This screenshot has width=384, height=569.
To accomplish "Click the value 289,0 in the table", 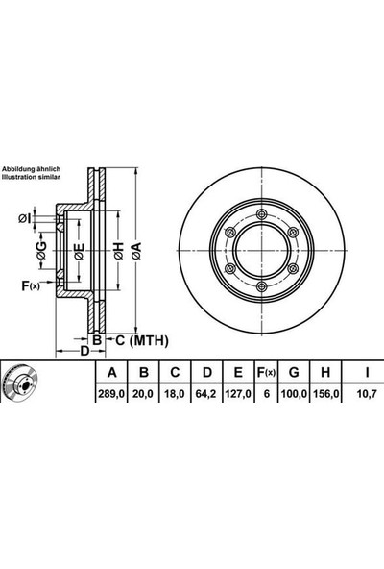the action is (x=111, y=393).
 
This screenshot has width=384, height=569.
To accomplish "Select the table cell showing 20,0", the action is (x=142, y=393).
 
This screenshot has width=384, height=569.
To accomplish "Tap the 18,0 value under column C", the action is (x=175, y=393).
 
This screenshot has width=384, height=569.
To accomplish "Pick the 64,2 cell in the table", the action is (x=206, y=393).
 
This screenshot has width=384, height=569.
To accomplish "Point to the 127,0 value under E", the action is (x=238, y=393).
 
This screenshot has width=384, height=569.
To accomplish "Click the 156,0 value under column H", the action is (x=325, y=393).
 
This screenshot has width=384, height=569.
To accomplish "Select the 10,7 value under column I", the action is (x=367, y=393).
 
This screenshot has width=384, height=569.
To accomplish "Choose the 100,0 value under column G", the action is (x=294, y=393).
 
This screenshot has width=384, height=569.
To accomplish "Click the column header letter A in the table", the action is (x=112, y=372).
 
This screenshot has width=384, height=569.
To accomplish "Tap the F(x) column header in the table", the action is (x=267, y=372).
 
